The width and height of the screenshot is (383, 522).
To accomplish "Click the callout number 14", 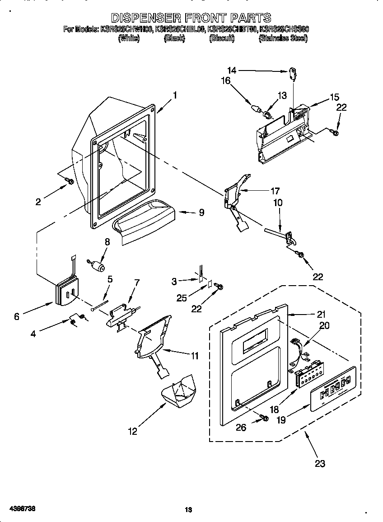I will click(231, 70).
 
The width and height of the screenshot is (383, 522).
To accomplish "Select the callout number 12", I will click(132, 432).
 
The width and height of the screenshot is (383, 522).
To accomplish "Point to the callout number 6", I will click(17, 316).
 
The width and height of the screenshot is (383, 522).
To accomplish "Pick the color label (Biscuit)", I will click(222, 39).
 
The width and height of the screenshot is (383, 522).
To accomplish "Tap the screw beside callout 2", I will click(70, 181).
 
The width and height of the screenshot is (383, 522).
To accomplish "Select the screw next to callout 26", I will click(264, 419).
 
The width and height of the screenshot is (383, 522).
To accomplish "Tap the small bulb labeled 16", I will click(256, 109).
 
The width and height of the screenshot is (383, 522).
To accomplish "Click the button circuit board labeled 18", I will click(308, 373).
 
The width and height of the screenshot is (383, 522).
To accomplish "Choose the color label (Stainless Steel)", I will click(283, 39).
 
